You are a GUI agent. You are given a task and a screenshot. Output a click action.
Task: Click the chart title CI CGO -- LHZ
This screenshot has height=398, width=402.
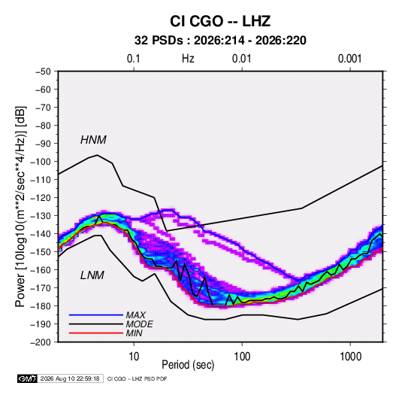pyautogui.click(x=220, y=21)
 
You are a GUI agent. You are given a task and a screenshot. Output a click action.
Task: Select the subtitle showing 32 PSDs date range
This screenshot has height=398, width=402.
pyautogui.click(x=220, y=41)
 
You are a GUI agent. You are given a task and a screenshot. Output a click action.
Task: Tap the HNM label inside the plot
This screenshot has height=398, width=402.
pyautogui.click(x=93, y=140)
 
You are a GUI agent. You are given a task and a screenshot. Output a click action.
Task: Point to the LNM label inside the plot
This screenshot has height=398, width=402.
pyautogui.click(x=92, y=275)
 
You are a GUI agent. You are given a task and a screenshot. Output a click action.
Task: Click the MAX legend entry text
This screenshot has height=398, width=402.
pyautogui.click(x=135, y=314)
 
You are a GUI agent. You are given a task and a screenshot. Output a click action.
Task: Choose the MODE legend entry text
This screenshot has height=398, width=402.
pyautogui.click(x=139, y=324)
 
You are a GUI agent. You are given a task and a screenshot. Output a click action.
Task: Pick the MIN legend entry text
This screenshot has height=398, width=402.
pyautogui.click(x=134, y=333)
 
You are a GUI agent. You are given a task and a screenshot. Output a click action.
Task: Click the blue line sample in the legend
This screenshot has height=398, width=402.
pyautogui.click(x=96, y=314)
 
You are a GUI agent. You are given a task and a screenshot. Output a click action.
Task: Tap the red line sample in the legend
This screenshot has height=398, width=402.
pyautogui.click(x=96, y=333)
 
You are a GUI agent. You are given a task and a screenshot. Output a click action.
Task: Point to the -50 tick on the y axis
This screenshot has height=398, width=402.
pyautogui.click(x=43, y=71)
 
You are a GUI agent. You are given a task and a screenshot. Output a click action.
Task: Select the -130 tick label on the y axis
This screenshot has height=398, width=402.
pyautogui.click(x=41, y=216)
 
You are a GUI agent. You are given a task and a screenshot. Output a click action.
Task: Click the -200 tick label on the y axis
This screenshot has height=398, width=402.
pyautogui.click(x=41, y=342)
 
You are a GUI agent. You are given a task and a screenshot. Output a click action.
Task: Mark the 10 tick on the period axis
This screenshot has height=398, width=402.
pyautogui.click(x=134, y=357)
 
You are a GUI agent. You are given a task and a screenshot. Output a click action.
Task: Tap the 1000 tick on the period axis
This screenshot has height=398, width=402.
pyautogui.click(x=350, y=357)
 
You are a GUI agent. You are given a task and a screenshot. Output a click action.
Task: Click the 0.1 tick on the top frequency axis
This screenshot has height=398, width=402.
pyautogui.click(x=134, y=59)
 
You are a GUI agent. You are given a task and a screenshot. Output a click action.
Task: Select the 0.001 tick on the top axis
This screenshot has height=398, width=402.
pyautogui.click(x=350, y=59)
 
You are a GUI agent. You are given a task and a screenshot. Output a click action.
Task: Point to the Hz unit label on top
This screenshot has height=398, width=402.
pyautogui.click(x=188, y=59)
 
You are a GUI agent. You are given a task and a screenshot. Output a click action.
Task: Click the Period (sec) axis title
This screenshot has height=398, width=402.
pyautogui.click(x=188, y=365)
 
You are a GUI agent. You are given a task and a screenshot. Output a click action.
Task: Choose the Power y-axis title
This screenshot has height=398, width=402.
pyautogui.click(x=20, y=206)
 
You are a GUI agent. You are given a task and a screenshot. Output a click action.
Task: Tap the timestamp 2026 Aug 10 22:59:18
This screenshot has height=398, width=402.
pyautogui.click(x=70, y=378)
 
